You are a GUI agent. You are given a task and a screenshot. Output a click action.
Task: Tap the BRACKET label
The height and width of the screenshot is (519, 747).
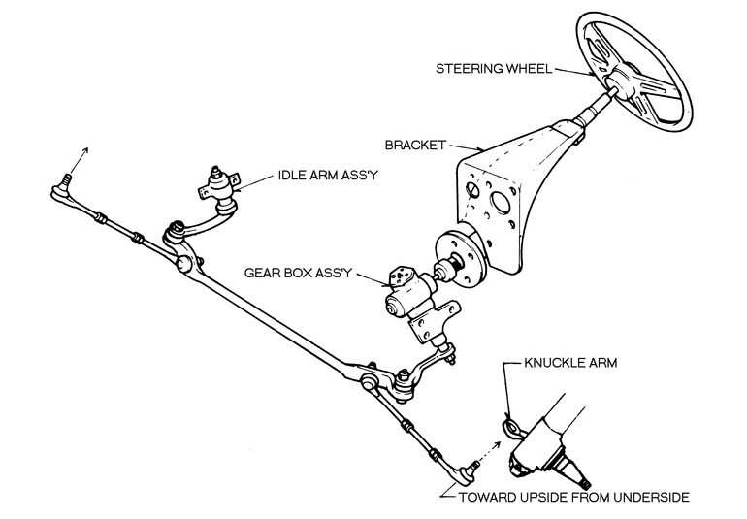[x=413, y=145]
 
